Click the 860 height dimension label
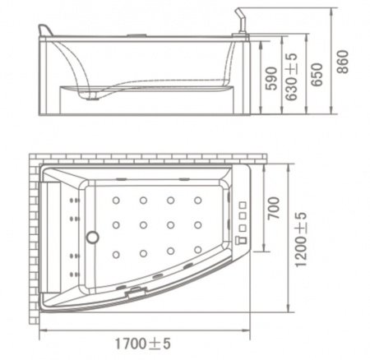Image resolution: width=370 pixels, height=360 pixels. point(343,62)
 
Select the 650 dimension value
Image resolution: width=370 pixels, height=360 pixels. point(317,75)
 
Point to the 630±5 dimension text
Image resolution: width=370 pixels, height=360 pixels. point(291,76)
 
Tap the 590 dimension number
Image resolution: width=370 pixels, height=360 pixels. point(271,78)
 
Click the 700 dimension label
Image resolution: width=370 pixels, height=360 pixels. point(274,208)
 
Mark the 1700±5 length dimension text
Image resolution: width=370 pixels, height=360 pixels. point(142,344)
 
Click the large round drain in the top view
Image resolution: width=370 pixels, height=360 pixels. point(93,237)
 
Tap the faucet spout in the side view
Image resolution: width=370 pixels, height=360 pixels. point(242,21)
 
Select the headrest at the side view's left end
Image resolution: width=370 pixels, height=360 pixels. point(45,30)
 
